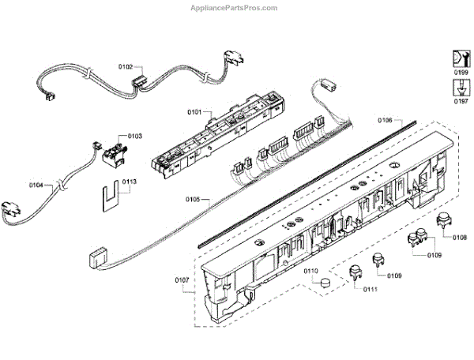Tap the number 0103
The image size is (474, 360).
[135, 137]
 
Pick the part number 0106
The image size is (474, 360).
[385, 120]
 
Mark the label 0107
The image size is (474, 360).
[182, 279]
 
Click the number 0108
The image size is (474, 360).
[461, 237]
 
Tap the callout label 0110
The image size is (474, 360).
[311, 272]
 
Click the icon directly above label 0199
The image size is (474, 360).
[459, 58]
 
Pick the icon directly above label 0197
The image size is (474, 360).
[459, 87]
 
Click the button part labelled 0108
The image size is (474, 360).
[442, 222]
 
